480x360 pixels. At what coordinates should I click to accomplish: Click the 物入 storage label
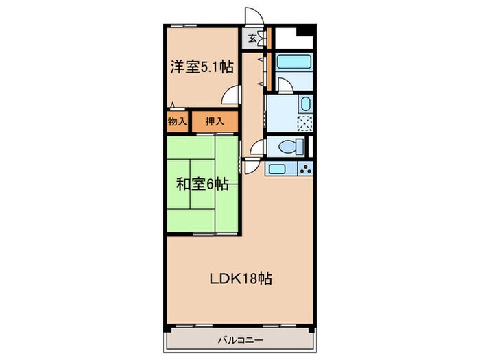pyautogui.click(x=177, y=121)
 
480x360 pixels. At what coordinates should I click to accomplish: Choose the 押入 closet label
pyautogui.click(x=214, y=121)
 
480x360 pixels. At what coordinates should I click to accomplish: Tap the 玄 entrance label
pyautogui.click(x=252, y=38)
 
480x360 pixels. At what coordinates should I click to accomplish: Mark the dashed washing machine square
pyautogui.click(x=304, y=124)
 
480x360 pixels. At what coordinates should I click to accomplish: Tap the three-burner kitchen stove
pyautogui.click(x=304, y=168)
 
